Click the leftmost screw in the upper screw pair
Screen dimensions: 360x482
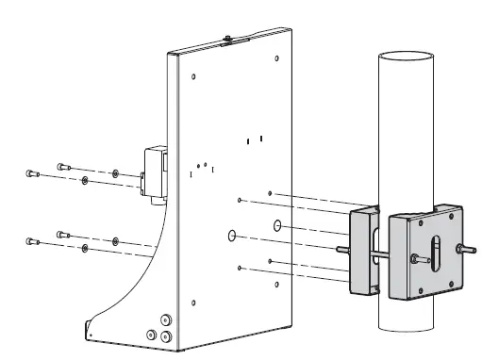31,172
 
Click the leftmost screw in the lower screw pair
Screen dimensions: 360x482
31,242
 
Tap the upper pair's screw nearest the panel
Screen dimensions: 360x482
62,165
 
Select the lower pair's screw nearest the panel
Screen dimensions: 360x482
62,233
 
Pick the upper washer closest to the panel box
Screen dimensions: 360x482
115,173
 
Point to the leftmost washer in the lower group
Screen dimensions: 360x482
85,247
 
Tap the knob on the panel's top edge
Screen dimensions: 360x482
228,41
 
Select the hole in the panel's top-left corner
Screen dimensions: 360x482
193,76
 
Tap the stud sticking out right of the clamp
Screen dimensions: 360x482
464,250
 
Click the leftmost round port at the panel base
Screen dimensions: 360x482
150,335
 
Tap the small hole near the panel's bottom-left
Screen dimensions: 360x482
193,303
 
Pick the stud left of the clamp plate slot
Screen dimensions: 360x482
414,257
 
